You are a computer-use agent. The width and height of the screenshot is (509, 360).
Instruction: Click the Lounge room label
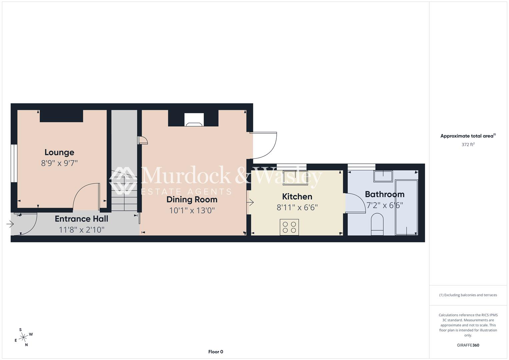(x=59, y=152)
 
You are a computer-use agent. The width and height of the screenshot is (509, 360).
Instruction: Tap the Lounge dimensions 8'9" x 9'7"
(x=59, y=163)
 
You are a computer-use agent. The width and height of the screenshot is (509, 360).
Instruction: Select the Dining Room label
(x=192, y=200)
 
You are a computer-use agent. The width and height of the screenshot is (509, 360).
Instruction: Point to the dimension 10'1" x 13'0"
(x=192, y=210)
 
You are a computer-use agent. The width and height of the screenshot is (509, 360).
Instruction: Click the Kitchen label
(x=297, y=197)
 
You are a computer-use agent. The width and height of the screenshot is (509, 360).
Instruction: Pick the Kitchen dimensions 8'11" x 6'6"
(x=297, y=207)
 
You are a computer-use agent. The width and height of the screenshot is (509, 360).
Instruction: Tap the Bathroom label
(x=384, y=194)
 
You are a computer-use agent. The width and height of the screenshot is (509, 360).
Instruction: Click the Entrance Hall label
(x=81, y=219)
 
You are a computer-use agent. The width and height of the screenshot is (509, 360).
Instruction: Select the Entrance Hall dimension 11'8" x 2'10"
(x=81, y=230)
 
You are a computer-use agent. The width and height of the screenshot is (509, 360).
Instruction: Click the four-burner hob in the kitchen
(x=289, y=227)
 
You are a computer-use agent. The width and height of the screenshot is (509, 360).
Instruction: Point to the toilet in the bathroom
(x=377, y=224)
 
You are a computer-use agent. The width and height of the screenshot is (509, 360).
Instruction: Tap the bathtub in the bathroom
(x=407, y=207)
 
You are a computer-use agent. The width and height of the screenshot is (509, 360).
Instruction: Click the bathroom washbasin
(x=383, y=176)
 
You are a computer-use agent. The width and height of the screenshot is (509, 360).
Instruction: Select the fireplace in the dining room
(x=194, y=120)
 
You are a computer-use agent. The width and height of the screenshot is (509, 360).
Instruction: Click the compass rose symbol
(x=23, y=337)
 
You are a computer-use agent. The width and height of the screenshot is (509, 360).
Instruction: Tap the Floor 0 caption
(x=216, y=352)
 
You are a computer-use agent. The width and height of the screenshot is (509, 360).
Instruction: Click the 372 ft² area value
(x=468, y=145)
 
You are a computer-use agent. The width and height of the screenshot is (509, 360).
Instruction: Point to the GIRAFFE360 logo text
(x=468, y=345)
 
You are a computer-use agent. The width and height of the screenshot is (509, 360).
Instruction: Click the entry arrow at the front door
(x=10, y=224)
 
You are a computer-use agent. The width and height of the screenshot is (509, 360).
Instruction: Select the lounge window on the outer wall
(x=14, y=163)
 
